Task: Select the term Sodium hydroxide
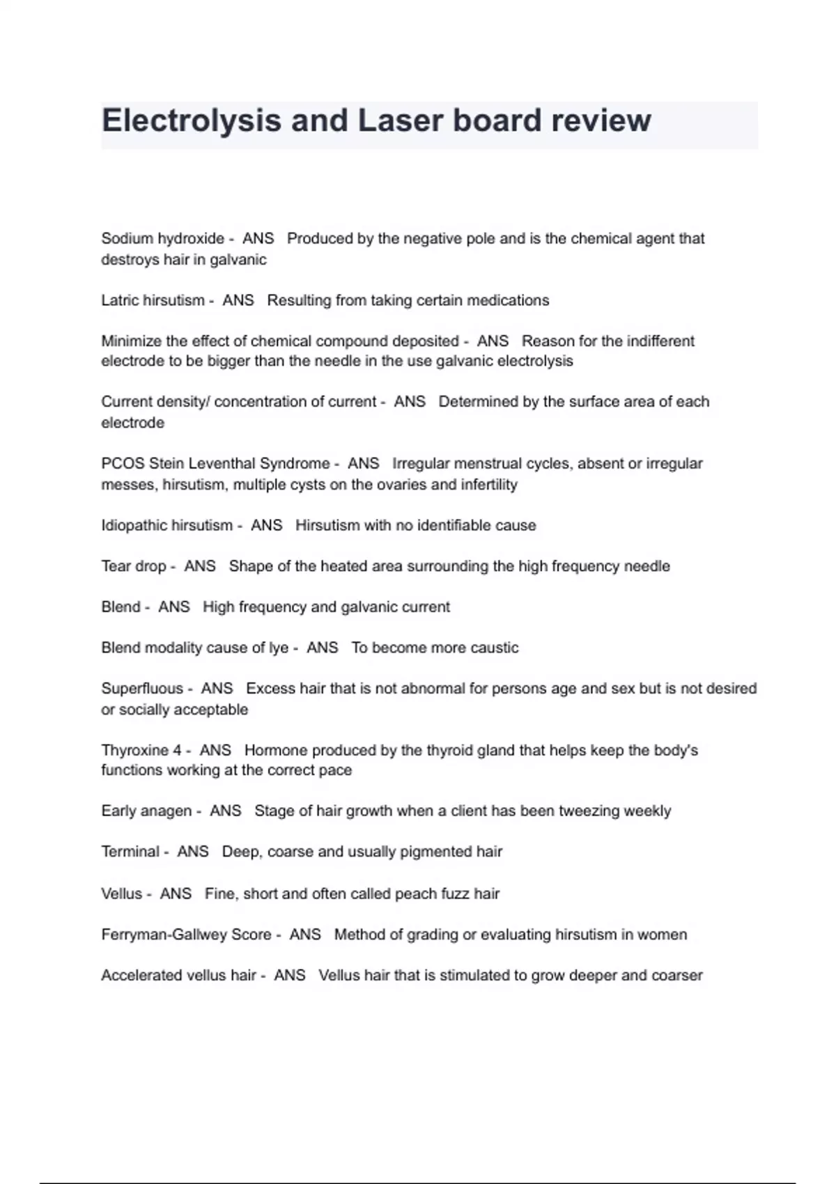pyautogui.click(x=162, y=239)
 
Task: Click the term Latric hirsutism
pyautogui.click(x=153, y=301)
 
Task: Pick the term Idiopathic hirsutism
pyautogui.click(x=167, y=526)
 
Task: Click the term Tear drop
pyautogui.click(x=133, y=566)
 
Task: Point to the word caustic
pyautogui.click(x=494, y=648)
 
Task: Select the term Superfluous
pyautogui.click(x=142, y=689)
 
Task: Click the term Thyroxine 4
pyautogui.click(x=141, y=751)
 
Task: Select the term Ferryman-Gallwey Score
pyautogui.click(x=186, y=935)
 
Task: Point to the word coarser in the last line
pyautogui.click(x=676, y=976)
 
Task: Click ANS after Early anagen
pyautogui.click(x=225, y=811)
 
